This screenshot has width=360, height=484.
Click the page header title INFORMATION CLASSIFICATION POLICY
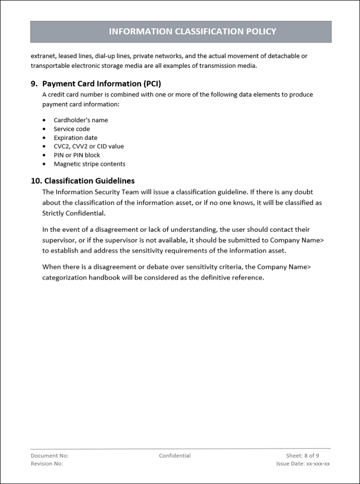pyautogui.click(x=192, y=32)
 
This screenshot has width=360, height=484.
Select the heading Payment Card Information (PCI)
pyautogui.click(x=102, y=84)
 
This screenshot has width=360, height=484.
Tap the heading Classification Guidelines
pyautogui.click(x=89, y=181)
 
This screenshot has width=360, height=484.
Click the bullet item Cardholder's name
pyautogui.click(x=81, y=120)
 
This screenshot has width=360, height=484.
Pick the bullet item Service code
pyautogui.click(x=72, y=129)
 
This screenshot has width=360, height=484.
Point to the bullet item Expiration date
pyautogui.click(x=75, y=138)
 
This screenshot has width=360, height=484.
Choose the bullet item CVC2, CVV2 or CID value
pyautogui.click(x=89, y=146)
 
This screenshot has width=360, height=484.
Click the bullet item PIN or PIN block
pyautogui.click(x=77, y=155)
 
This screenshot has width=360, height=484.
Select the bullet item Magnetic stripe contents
pyautogui.click(x=89, y=164)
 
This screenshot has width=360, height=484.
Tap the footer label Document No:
pyautogui.click(x=50, y=456)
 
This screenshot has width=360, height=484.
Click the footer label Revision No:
pyautogui.click(x=47, y=464)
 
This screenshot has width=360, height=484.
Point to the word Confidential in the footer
pyautogui.click(x=175, y=456)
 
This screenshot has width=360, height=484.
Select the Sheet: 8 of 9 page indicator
pyautogui.click(x=302, y=456)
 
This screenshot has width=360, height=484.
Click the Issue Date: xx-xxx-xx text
pyautogui.click(x=303, y=464)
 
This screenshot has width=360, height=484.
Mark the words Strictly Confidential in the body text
pyautogui.click(x=74, y=214)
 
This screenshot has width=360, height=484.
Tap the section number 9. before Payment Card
pyautogui.click(x=34, y=84)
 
